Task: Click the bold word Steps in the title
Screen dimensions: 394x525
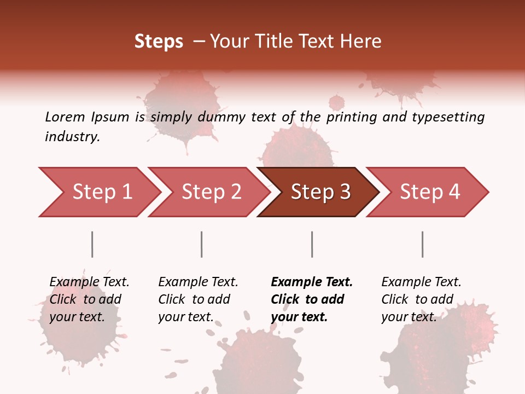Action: point(159,42)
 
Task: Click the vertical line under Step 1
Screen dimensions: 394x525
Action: point(92,244)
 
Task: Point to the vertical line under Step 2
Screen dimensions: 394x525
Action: point(202,244)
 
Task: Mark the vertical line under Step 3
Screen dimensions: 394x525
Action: point(312,244)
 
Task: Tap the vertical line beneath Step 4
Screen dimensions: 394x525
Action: point(422,244)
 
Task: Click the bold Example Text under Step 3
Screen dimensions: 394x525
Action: point(312,282)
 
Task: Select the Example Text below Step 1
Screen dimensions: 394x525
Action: point(89,282)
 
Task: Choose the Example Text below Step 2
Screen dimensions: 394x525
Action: point(198,282)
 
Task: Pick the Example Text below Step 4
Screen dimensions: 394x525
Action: point(421,282)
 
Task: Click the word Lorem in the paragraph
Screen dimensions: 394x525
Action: point(65,117)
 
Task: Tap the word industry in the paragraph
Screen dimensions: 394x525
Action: point(72,137)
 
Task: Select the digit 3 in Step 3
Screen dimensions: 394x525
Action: point(345,192)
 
